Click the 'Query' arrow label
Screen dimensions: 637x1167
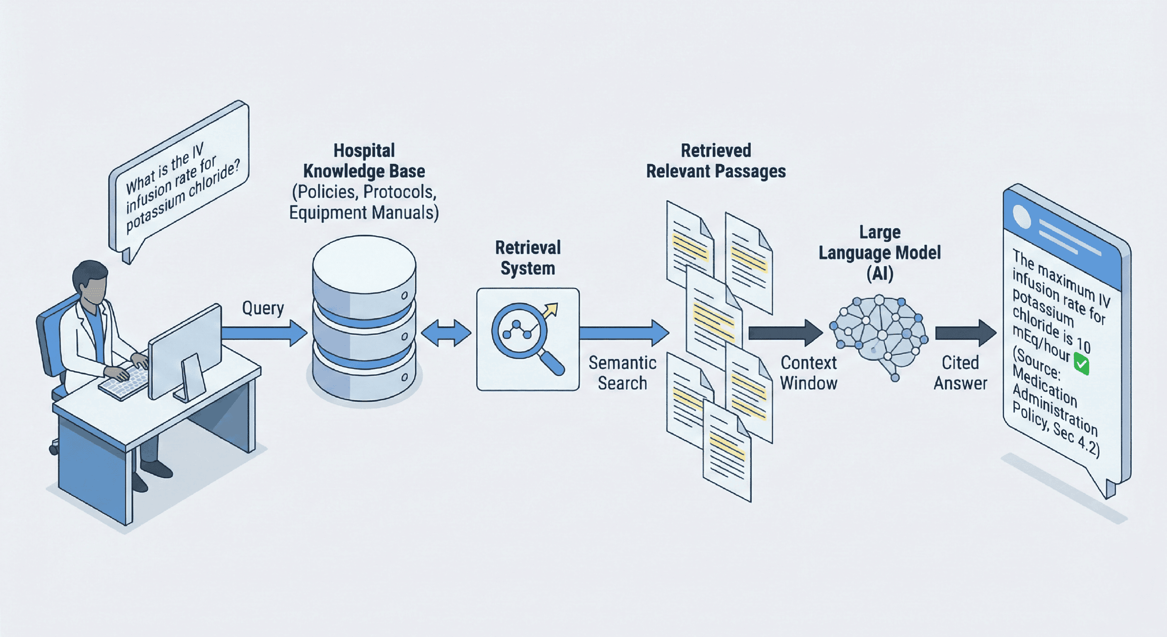263,308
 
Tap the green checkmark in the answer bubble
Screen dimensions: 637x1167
1081,364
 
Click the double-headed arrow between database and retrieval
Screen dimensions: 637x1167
446,333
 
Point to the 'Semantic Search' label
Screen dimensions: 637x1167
622,373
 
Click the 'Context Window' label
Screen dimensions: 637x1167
808,373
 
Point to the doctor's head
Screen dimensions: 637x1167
91,281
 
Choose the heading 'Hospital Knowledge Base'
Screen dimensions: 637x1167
364,161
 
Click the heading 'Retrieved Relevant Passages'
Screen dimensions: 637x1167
715,161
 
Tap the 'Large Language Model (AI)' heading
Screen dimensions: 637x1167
879,253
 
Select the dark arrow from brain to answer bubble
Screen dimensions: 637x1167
965,333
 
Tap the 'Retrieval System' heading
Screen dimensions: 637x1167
528,258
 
